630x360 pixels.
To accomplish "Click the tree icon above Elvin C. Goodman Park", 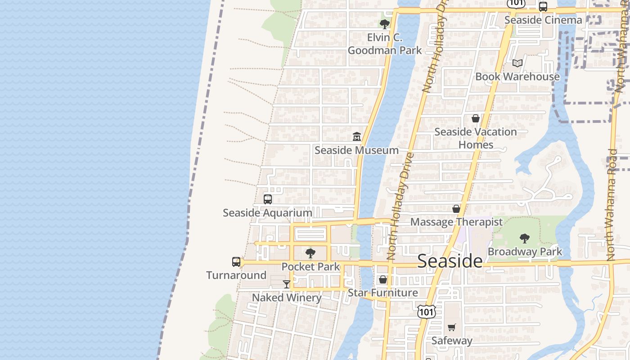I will coord(384,24).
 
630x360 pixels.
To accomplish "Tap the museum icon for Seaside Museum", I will coord(357,136).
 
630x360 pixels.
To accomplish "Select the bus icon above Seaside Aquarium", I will coord(268,199).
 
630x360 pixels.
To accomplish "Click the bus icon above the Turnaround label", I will coord(236,261).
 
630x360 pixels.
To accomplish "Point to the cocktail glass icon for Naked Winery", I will coord(287,284).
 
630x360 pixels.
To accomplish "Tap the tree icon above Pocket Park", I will coord(310,253).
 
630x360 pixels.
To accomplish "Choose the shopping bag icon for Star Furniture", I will coord(383,279).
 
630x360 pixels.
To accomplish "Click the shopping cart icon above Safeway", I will coord(452,327).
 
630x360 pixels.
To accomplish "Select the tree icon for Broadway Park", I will coord(525,238).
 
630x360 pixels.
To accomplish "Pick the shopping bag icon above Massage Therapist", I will coord(456,209).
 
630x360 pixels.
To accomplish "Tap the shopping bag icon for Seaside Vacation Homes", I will coord(476,118).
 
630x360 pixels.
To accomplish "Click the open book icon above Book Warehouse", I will coord(517,63).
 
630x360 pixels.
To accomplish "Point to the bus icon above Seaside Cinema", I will coord(543,7).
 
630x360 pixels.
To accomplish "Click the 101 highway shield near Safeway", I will coord(426,311).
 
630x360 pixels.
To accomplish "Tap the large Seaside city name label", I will coord(450,261).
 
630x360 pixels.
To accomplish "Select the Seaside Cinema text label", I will coord(543,20).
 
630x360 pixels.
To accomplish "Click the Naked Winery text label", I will coord(287,297).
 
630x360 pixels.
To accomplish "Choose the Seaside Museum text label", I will coord(357,150).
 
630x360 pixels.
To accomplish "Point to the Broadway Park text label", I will coord(525,252).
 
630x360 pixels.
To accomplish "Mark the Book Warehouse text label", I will coord(517,76).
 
